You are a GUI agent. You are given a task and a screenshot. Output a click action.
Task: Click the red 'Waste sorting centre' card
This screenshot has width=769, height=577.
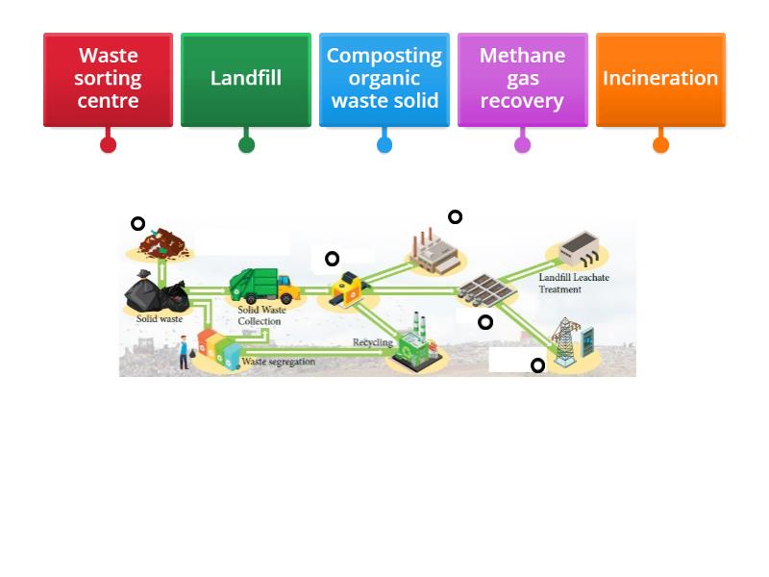click(108, 79)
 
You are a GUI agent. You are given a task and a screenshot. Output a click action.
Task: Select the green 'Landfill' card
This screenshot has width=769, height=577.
click(246, 79)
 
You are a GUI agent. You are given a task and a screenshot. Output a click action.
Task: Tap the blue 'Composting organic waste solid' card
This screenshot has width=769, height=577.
click(384, 79)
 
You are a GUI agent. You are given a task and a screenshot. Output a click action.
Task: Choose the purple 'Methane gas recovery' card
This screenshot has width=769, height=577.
click(522, 79)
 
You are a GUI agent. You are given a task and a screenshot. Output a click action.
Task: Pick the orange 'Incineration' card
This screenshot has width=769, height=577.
click(660, 79)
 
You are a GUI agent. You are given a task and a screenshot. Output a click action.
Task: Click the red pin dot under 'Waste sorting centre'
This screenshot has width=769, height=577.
click(108, 145)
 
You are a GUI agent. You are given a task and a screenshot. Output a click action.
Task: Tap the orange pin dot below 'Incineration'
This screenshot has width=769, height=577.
click(660, 145)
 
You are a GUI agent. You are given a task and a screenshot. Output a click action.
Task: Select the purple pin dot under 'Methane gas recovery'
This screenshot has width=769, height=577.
click(522, 145)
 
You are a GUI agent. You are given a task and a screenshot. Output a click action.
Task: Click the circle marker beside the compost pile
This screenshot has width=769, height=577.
click(138, 224)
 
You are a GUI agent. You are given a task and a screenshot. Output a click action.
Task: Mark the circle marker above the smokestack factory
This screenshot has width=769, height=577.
click(456, 217)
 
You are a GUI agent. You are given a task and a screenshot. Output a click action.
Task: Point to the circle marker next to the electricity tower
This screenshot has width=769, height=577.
click(538, 365)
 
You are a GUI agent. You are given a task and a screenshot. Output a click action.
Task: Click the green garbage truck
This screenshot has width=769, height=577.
click(260, 286)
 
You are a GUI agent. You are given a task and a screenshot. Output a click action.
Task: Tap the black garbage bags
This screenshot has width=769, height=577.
click(154, 293)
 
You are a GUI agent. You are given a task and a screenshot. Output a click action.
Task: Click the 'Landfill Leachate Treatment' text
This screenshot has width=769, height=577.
click(574, 284)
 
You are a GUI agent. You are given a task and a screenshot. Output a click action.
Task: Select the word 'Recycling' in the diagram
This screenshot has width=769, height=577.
click(373, 342)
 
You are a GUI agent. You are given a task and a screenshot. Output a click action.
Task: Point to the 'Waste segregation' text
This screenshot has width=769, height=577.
click(278, 363)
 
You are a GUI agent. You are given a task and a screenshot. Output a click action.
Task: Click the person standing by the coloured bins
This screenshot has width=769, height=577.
click(184, 352)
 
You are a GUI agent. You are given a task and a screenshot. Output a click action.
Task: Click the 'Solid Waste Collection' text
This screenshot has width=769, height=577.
click(261, 315)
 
